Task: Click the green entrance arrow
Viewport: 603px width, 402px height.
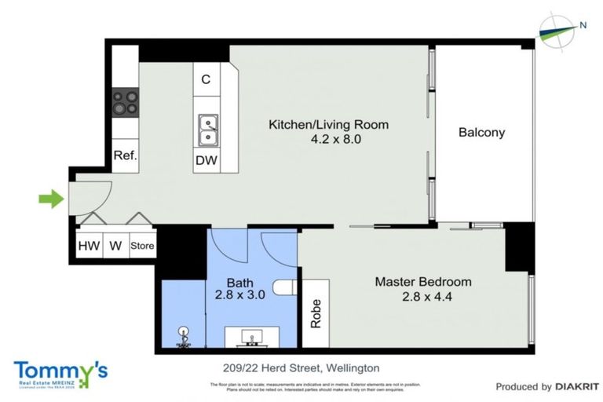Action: (x=50, y=199)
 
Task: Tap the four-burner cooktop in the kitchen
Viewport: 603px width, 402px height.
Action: (x=125, y=102)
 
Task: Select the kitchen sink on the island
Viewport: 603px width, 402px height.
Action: (x=208, y=130)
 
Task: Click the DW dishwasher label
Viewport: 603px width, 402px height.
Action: (x=207, y=161)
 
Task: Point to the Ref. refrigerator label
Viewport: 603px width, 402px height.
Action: (x=125, y=155)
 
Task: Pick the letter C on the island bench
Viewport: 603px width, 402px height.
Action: (x=206, y=79)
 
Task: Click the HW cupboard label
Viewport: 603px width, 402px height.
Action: (x=88, y=246)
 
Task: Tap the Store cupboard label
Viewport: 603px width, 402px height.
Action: (x=142, y=246)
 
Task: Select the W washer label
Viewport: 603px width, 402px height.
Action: (x=115, y=246)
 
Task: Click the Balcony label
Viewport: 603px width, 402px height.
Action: (x=481, y=133)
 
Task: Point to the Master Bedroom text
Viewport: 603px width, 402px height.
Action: (x=422, y=282)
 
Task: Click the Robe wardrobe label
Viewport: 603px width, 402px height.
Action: (x=316, y=313)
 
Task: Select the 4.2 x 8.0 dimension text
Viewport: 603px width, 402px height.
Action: (x=329, y=139)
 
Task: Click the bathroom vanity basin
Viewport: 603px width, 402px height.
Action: (x=251, y=338)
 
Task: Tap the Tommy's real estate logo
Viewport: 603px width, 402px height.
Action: (x=60, y=373)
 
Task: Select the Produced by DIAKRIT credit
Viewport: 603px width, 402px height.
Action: (x=546, y=386)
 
